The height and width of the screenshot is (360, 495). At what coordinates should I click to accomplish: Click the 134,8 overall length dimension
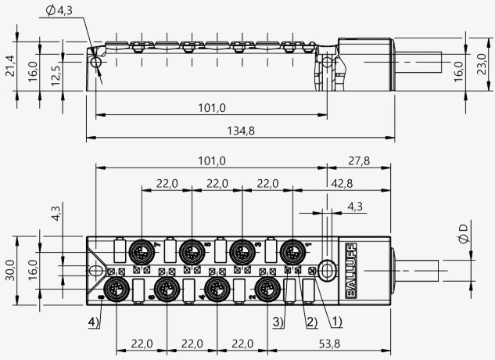(241, 130)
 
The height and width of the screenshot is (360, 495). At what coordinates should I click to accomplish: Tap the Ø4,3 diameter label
(59, 10)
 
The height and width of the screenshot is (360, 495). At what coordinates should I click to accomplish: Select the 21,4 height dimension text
(10, 66)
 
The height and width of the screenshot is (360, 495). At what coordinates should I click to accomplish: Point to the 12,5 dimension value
(56, 76)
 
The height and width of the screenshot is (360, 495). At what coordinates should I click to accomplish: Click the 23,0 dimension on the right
(482, 64)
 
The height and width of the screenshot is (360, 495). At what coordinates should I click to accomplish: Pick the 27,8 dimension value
(359, 161)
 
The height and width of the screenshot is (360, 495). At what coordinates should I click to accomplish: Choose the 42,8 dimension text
(342, 183)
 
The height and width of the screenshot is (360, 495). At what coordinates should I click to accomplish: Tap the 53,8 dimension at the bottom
(329, 344)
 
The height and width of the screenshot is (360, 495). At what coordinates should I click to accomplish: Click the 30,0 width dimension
(10, 270)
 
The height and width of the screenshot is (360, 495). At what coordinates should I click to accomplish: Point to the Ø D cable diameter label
(463, 234)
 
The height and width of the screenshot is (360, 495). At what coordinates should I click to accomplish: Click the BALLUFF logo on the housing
(351, 271)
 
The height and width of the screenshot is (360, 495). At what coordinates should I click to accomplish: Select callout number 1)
(336, 322)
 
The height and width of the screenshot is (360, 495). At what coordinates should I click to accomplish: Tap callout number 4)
(94, 322)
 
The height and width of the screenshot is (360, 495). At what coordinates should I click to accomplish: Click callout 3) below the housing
(278, 322)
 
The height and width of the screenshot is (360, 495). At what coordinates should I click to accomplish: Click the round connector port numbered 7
(142, 252)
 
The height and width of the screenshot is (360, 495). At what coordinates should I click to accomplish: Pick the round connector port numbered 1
(293, 252)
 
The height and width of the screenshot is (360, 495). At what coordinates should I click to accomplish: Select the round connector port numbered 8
(117, 289)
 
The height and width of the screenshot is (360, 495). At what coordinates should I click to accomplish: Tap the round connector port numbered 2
(267, 289)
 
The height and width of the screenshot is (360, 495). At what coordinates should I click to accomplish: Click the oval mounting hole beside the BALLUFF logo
(328, 270)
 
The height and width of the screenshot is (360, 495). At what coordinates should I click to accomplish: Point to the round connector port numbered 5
(192, 252)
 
